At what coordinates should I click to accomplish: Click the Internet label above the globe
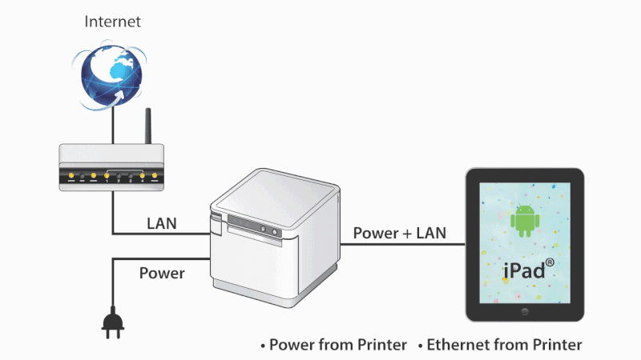tap(112, 22)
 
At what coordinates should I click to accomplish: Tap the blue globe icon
tap(111, 75)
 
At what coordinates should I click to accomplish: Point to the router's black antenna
tap(148, 126)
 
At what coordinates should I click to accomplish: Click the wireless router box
tap(111, 167)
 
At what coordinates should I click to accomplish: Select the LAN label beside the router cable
tap(162, 224)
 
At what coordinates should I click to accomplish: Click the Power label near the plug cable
tap(162, 273)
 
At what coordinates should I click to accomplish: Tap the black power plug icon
tap(113, 322)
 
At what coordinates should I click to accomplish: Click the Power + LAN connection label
tap(399, 233)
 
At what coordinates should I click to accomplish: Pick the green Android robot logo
tap(525, 221)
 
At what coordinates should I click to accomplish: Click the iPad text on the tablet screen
tap(525, 270)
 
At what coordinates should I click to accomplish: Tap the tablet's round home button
tap(525, 312)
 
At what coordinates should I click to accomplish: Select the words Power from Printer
tap(338, 345)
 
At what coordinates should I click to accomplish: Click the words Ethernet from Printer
tap(505, 345)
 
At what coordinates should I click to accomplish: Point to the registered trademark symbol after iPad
tap(550, 262)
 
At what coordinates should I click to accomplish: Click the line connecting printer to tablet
tap(403, 245)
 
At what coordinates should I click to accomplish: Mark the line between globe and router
tap(113, 126)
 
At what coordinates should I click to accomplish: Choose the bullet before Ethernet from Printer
tap(420, 346)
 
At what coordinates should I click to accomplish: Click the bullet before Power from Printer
tap(263, 346)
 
